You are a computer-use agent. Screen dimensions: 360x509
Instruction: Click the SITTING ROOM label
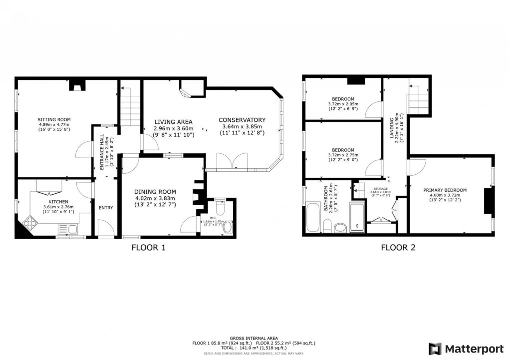point(54,119)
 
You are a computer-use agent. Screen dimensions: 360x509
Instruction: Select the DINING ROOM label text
point(156,192)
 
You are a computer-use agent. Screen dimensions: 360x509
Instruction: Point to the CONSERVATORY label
point(242,120)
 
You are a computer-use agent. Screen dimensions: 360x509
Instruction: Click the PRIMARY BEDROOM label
point(445,190)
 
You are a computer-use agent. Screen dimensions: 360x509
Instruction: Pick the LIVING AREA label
point(173,122)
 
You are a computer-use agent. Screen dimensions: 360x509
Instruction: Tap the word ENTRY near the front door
point(105,208)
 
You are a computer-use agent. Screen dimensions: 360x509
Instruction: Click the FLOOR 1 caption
point(148,247)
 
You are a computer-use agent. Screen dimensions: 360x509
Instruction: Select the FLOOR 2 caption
point(398,247)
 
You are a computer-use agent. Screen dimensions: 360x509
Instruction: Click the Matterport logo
point(463,348)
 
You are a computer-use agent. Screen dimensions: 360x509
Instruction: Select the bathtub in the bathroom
point(314,217)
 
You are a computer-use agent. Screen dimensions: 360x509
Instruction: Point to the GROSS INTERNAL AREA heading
point(254,338)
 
